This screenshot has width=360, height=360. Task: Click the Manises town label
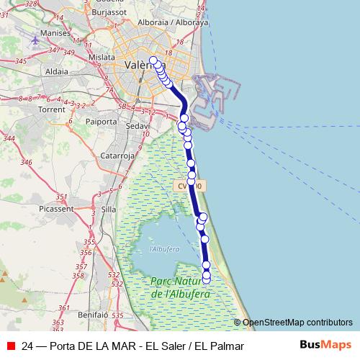click(55, 32)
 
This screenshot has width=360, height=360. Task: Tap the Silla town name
click(109, 209)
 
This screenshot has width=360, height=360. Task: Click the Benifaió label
click(92, 315)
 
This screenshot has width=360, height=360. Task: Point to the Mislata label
click(101, 56)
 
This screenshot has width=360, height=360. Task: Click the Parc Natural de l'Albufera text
click(180, 287)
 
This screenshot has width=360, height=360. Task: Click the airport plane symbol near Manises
click(35, 40)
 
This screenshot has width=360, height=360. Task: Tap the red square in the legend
click(11, 346)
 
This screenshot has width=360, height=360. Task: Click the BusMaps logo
click(325, 345)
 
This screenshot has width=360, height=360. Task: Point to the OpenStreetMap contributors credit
click(297, 323)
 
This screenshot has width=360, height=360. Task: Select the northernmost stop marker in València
click(153, 60)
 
